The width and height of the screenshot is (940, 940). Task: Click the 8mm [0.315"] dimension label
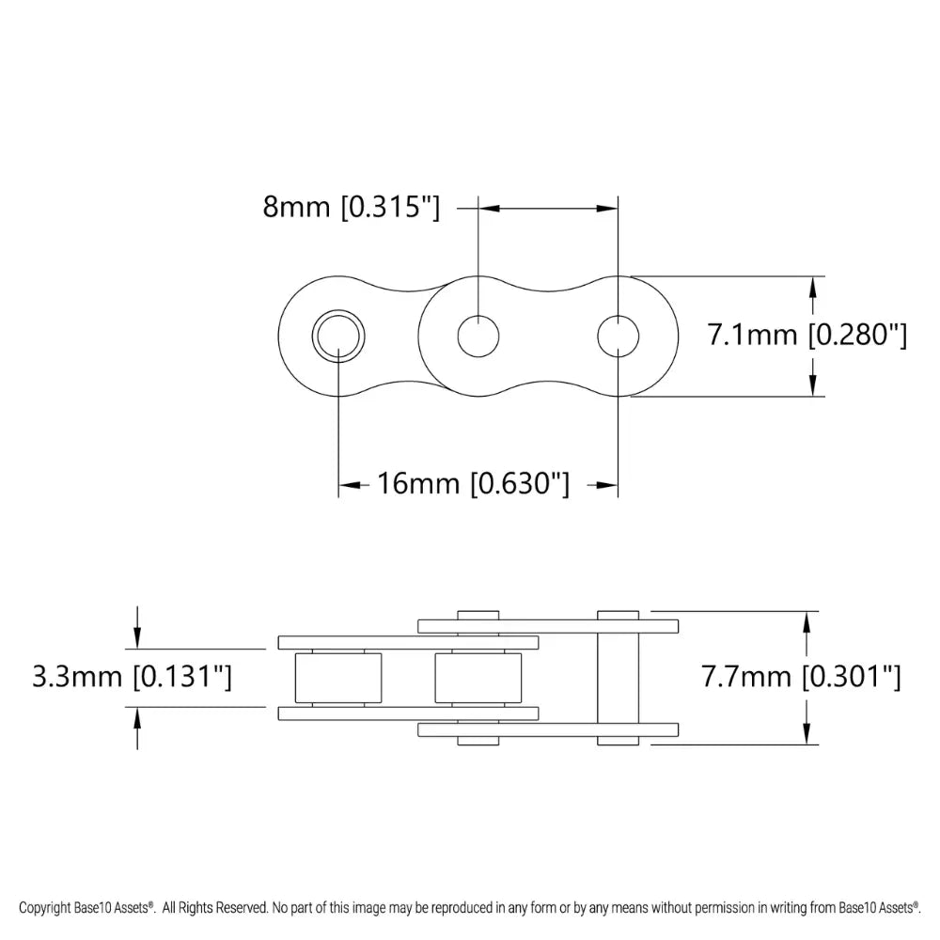[x=351, y=207]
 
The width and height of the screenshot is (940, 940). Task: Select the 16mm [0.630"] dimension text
[x=473, y=484]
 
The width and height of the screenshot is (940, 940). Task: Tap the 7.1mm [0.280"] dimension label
[x=807, y=335]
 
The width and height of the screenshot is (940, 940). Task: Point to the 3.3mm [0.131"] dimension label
[x=132, y=677]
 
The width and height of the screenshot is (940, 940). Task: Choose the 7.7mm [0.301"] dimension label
[x=801, y=677]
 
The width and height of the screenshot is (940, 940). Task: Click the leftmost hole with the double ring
[x=338, y=336]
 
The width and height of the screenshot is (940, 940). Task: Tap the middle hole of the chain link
[x=478, y=336]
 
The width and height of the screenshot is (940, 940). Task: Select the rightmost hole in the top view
[x=618, y=336]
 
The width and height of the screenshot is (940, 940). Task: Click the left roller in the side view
[x=338, y=678]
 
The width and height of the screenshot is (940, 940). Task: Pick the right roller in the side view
[x=478, y=678]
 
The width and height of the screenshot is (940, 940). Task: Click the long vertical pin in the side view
[x=618, y=678]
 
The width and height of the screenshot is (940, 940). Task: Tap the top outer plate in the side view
[x=548, y=625]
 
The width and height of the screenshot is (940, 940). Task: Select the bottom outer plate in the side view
[x=548, y=729]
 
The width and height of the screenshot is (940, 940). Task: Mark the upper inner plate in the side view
[x=409, y=643]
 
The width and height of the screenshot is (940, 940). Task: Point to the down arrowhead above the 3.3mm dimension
[x=138, y=639]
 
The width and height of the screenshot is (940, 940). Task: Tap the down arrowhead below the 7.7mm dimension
[x=807, y=734]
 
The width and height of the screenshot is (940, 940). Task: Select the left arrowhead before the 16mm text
[x=349, y=485]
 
